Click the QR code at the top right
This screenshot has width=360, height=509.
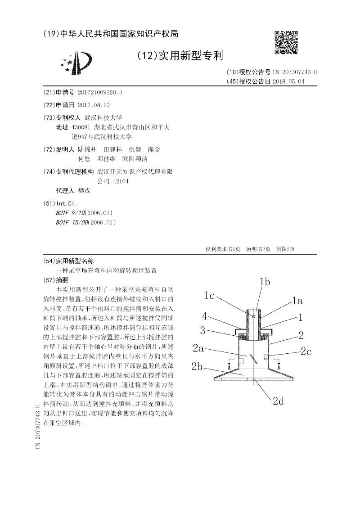tap(286, 42)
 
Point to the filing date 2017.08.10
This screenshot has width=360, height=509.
tap(94, 104)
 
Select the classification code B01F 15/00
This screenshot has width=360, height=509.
tap(73, 222)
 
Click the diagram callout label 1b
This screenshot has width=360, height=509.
tap(265, 282)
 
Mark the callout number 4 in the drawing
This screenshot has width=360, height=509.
tap(204, 316)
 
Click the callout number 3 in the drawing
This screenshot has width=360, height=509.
tap(203, 331)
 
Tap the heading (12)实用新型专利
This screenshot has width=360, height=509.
tap(180, 56)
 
